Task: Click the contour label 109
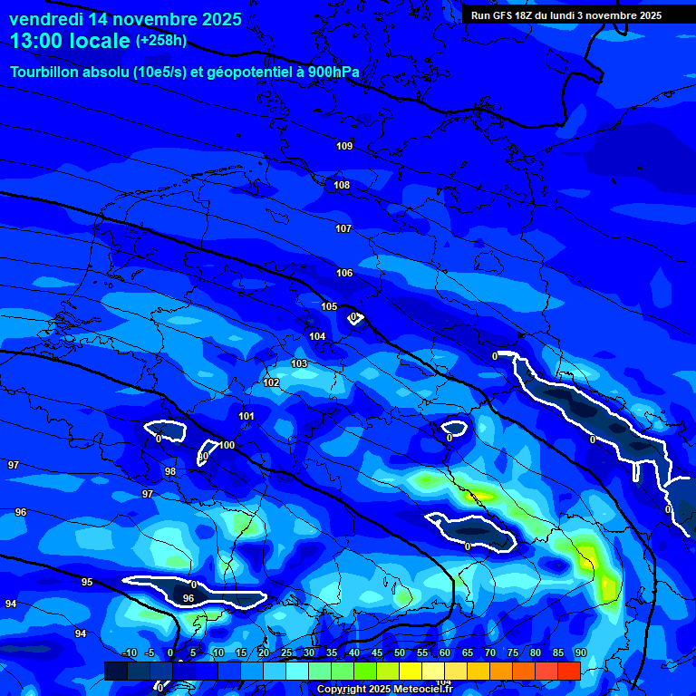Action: click(x=344, y=146)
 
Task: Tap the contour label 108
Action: click(x=342, y=186)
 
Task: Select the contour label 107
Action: click(x=343, y=229)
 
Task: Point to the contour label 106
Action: click(x=344, y=273)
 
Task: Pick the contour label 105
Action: click(x=329, y=306)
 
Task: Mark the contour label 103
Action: click(x=299, y=363)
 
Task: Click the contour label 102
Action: click(x=271, y=382)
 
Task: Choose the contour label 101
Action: click(x=246, y=416)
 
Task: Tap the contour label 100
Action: click(x=227, y=445)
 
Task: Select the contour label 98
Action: click(x=170, y=471)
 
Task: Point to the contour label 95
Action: click(x=87, y=582)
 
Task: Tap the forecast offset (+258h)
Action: click(x=161, y=41)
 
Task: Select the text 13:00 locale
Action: click(x=70, y=41)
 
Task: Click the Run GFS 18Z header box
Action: click(x=566, y=15)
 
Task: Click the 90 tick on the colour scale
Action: click(x=580, y=653)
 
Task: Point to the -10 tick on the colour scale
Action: click(x=129, y=653)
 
